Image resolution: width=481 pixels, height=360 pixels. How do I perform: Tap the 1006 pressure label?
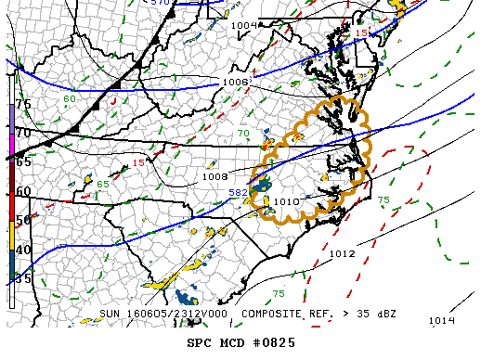click(x=236, y=82)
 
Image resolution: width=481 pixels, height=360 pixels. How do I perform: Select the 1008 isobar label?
click(x=215, y=176)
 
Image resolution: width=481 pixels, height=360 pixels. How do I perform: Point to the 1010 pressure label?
click(x=287, y=201)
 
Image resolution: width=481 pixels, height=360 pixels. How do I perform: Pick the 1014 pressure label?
click(x=441, y=320)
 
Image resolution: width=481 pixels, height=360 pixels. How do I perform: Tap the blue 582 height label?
click(x=239, y=192)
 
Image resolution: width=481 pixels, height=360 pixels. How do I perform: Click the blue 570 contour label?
click(x=161, y=4)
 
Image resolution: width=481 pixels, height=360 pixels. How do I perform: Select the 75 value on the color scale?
click(x=23, y=104)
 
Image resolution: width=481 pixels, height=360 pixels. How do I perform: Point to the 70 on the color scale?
click(x=23, y=133)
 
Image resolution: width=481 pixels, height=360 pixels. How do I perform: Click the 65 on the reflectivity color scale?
click(x=23, y=161)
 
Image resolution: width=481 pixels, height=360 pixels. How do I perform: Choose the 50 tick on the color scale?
click(x=23, y=220)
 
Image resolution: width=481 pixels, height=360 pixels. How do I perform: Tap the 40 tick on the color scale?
click(x=23, y=249)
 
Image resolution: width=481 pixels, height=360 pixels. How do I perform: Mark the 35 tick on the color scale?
click(x=23, y=277)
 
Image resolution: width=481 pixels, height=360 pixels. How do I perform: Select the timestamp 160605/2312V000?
click(x=184, y=314)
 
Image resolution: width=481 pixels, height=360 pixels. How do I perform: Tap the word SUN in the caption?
click(x=111, y=314)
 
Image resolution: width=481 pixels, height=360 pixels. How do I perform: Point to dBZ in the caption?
click(x=383, y=314)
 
